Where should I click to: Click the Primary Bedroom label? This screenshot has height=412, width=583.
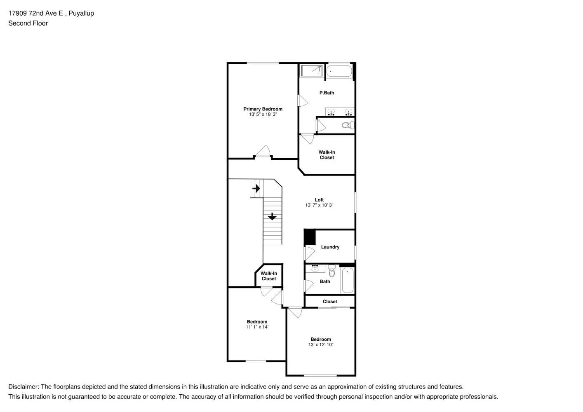pyautogui.click(x=263, y=109)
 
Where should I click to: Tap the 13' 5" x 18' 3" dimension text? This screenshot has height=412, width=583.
pyautogui.click(x=263, y=115)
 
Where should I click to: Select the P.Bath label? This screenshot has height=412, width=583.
pyautogui.click(x=327, y=93)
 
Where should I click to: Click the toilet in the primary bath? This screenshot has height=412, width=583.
pyautogui.click(x=347, y=125)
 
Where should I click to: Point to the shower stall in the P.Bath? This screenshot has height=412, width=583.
pyautogui.click(x=311, y=71)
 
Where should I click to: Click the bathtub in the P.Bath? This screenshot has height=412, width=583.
pyautogui.click(x=339, y=72)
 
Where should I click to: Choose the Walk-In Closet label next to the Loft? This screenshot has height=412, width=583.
pyautogui.click(x=327, y=155)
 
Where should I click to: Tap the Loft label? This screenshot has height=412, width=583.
pyautogui.click(x=319, y=200)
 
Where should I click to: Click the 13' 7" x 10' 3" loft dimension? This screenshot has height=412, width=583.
pyautogui.click(x=319, y=205)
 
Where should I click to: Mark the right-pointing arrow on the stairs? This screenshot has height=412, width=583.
pyautogui.click(x=256, y=189)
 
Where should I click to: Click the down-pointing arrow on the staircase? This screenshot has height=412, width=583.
pyautogui.click(x=272, y=216)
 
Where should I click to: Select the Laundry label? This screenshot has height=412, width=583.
pyautogui.click(x=330, y=247)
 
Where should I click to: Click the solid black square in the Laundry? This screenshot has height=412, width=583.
pyautogui.click(x=310, y=238)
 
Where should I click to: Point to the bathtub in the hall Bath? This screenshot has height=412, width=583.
pyautogui.click(x=348, y=280)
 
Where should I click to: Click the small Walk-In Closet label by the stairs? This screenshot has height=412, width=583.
pyautogui.click(x=269, y=276)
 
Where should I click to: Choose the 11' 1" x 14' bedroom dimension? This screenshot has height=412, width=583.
pyautogui.click(x=257, y=327)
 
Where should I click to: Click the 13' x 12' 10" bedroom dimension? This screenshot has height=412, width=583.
pyautogui.click(x=321, y=345)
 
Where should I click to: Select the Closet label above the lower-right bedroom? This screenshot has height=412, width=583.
pyautogui.click(x=330, y=302)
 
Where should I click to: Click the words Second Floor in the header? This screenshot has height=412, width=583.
pyautogui.click(x=28, y=23)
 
